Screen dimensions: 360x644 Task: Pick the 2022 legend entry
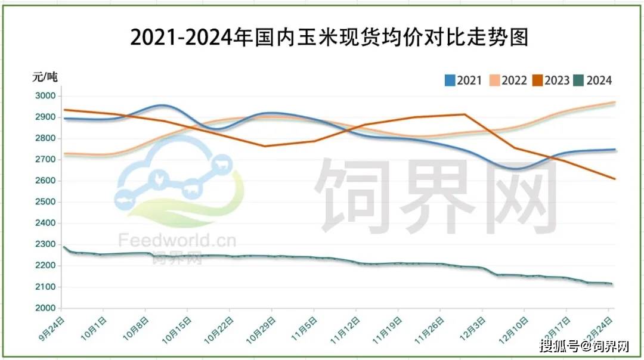508,80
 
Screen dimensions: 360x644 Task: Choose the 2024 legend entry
593,80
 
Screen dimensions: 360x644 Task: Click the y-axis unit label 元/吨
45,77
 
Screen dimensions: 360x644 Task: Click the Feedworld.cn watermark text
177,240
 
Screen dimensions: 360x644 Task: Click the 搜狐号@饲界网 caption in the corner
584,346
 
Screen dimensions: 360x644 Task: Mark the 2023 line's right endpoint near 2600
615,179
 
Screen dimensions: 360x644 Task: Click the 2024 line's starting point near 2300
63,246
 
